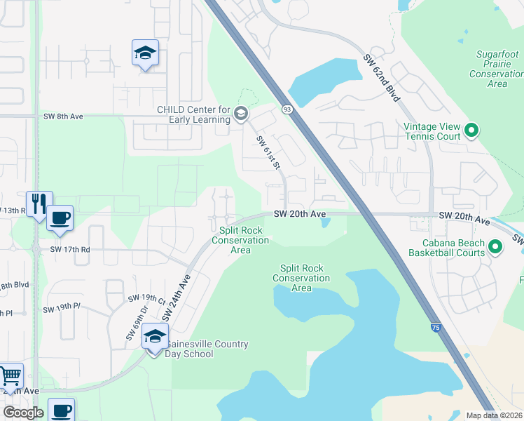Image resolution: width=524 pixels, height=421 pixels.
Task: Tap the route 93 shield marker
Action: click(x=287, y=109)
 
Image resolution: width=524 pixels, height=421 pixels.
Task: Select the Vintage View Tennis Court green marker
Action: click(x=471, y=130)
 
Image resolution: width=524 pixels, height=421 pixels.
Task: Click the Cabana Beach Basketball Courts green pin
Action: click(x=495, y=246)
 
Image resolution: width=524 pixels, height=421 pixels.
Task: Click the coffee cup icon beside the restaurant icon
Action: click(x=60, y=218)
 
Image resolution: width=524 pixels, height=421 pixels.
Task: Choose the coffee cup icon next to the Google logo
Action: click(x=60, y=410)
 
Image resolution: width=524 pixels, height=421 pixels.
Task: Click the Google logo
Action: click(x=23, y=413)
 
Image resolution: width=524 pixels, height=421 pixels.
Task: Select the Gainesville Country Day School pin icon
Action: click(x=155, y=336)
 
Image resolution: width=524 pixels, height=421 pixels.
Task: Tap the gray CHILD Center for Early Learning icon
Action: click(x=240, y=113)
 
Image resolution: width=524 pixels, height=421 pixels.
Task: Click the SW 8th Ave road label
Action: click(x=63, y=116)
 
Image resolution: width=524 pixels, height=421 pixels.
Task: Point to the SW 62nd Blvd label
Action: click(x=381, y=77)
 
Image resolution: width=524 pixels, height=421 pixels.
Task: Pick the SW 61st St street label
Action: click(x=268, y=152)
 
